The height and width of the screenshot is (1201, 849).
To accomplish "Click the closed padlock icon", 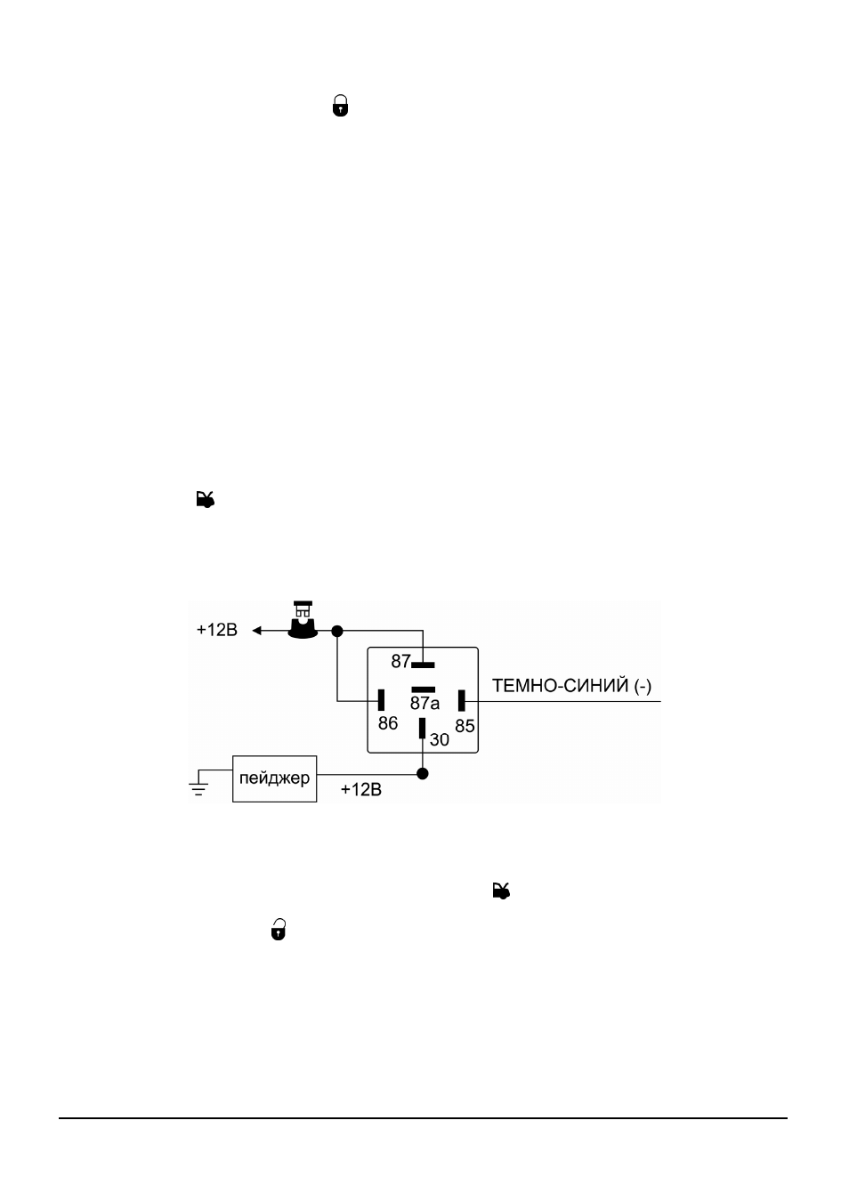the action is coord(340,106).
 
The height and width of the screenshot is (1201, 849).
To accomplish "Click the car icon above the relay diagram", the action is coord(205,499).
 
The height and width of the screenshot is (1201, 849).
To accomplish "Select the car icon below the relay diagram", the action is coord(501,891).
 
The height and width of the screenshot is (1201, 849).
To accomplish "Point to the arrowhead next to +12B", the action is coord(257,631).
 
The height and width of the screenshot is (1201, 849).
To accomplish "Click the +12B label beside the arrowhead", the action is coord(216,630).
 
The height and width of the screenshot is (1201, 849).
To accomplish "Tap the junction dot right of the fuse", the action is coord(336,631).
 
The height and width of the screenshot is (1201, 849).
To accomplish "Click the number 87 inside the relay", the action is coord(400,662).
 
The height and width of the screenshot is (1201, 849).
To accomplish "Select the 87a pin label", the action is coord(424,703).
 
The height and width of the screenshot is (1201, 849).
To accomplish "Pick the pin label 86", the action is coord(388,723).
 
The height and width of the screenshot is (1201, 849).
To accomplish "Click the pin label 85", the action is coord(465,726).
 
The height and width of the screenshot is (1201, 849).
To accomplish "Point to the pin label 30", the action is coord(440,740).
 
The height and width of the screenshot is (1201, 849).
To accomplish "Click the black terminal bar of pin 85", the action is coord(461,701).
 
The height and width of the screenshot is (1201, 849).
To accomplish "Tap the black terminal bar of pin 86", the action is coord(381,699).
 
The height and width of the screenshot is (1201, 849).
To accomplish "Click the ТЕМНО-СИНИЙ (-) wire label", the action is coord(571,686).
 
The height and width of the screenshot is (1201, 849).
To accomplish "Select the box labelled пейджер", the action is coord(275,779).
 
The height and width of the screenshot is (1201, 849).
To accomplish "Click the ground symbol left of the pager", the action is coord(198,784).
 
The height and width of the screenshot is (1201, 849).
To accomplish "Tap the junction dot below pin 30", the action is coord(423,774).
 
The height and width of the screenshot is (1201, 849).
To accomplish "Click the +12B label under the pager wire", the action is coord(361,790).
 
